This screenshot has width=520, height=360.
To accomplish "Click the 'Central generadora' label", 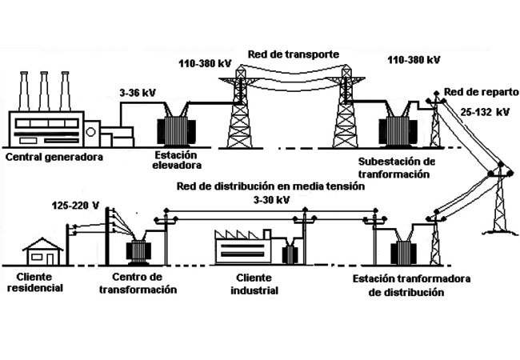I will click(54, 157).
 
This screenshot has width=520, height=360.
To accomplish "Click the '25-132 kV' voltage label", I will click(485, 112).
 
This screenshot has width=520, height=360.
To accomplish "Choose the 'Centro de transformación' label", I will click(138, 283).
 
